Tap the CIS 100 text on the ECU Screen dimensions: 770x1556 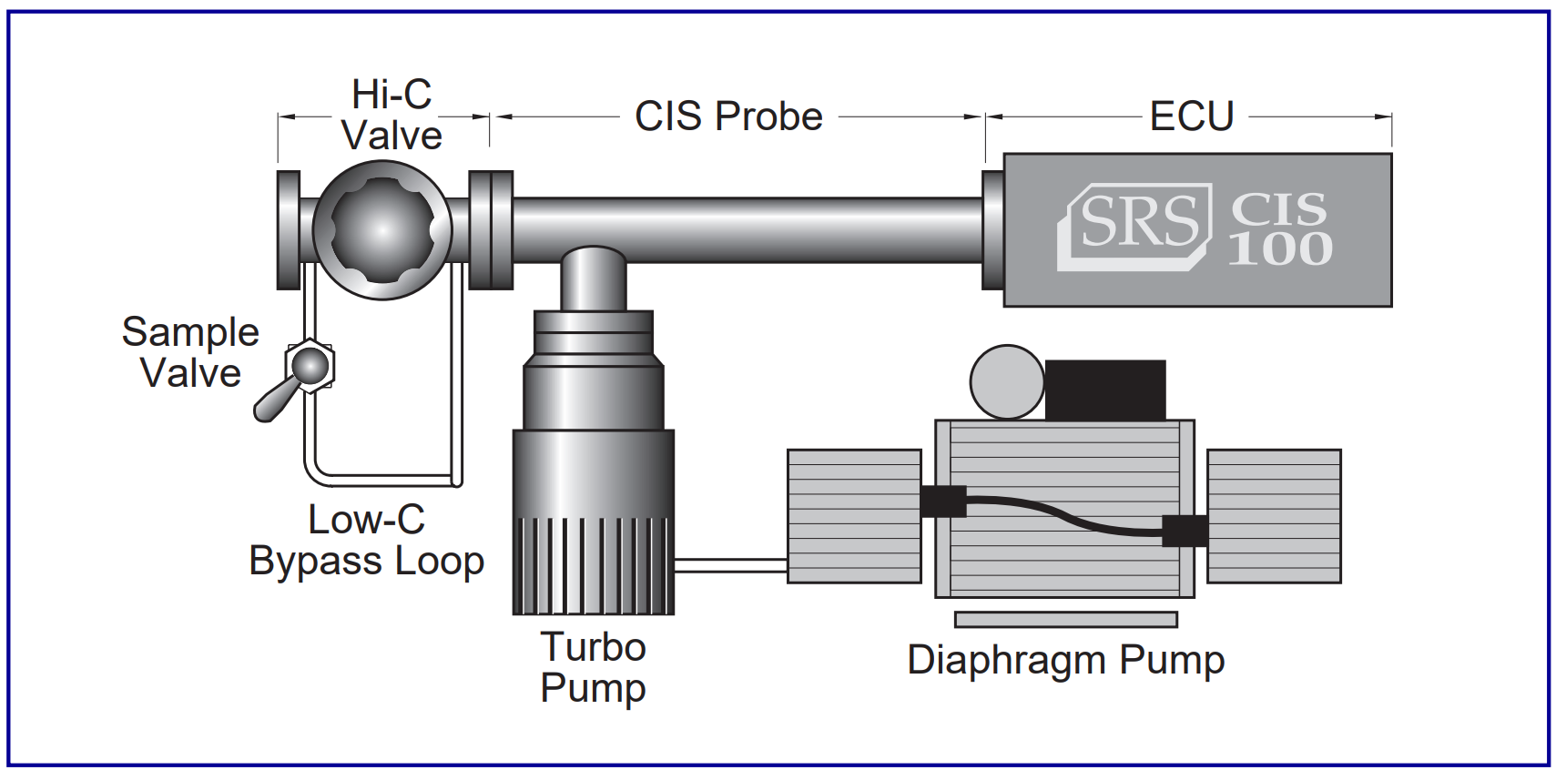click(x=1279, y=229)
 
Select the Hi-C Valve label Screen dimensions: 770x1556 click(x=392, y=115)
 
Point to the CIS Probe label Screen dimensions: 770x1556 click(x=728, y=117)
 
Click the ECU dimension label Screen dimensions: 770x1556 click(x=1191, y=117)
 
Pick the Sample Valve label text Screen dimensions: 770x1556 click(x=190, y=352)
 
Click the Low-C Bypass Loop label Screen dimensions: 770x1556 click(x=367, y=540)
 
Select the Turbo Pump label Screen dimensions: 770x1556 click(x=593, y=667)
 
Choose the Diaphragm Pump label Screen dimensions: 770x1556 click(x=1065, y=660)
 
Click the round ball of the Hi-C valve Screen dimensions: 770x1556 click(x=382, y=229)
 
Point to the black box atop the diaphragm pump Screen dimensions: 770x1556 click(x=1104, y=390)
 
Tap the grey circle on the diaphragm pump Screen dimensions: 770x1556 click(x=1006, y=382)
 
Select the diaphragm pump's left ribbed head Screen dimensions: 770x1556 click(x=854, y=515)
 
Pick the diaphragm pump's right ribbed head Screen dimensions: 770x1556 click(x=1274, y=515)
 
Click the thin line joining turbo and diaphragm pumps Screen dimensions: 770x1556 click(x=730, y=565)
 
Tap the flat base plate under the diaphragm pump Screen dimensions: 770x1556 click(x=1065, y=620)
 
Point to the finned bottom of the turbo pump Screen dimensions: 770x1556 click(x=593, y=564)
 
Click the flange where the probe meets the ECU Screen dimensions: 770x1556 click(x=992, y=229)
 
